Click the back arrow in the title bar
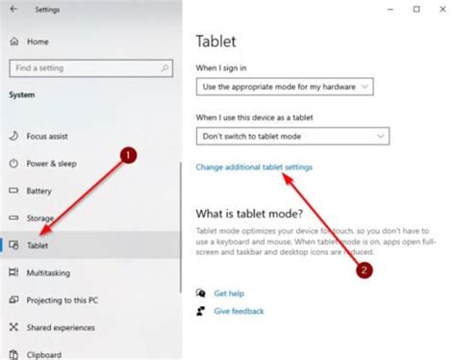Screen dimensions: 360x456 coord(13,10)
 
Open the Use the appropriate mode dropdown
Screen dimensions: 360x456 coord(284,87)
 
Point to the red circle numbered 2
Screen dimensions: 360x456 coord(364,270)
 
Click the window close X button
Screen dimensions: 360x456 coord(439,10)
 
